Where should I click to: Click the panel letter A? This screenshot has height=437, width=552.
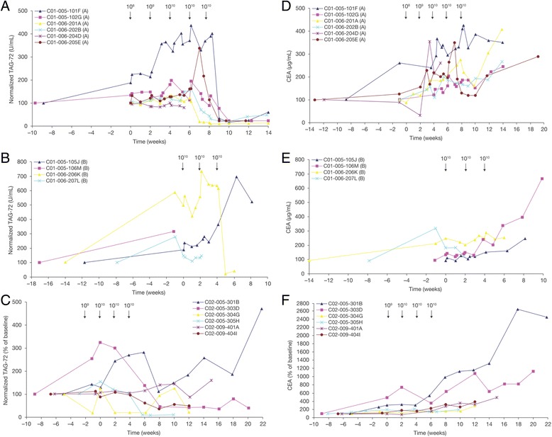click(6, 6)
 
